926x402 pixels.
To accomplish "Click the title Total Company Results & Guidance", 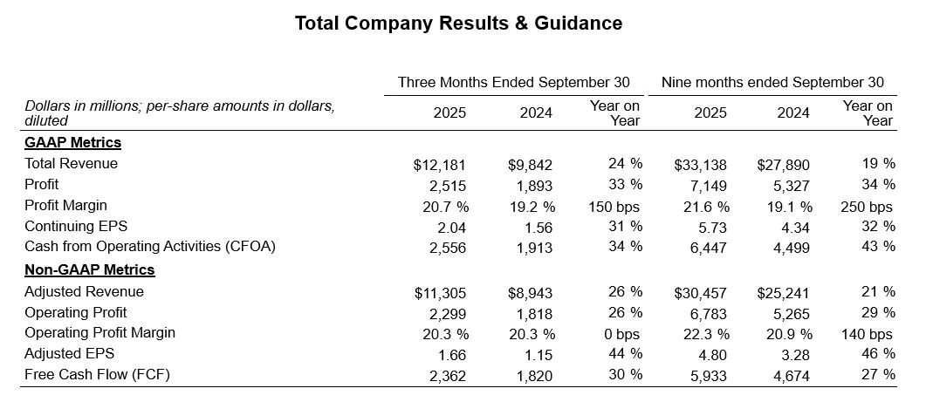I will (458, 24).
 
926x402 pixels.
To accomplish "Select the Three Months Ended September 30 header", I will (513, 82).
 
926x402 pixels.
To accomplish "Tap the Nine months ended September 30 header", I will (772, 82).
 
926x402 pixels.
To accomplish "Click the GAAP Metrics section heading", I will (72, 142).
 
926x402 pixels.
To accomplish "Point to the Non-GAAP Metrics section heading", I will (90, 270).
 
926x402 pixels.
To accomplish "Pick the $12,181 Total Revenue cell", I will (440, 164).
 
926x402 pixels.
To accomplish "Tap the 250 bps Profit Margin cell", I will (868, 206).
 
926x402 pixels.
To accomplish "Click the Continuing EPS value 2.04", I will (450, 227).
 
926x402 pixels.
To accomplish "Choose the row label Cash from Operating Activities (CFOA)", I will (150, 247).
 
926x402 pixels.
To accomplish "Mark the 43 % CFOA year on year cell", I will (878, 247).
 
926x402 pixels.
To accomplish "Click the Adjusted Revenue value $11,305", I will (440, 292).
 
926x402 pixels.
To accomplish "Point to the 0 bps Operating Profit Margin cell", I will (621, 333).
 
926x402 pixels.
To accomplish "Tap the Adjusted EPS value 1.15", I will (537, 354).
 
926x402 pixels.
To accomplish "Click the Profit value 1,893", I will (534, 185).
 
